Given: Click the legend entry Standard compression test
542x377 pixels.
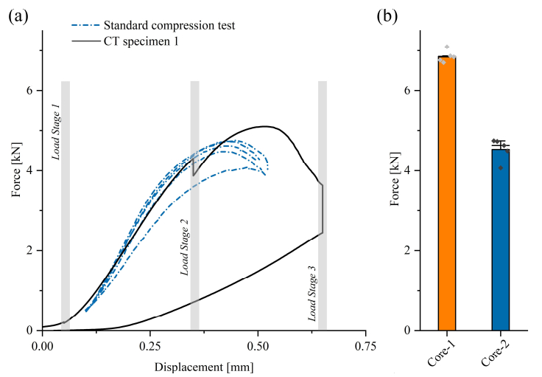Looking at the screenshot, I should [x=174, y=26].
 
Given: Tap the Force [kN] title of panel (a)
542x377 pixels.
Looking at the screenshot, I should [x=16, y=180].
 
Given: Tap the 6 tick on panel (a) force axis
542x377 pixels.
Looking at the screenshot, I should [x=29, y=91].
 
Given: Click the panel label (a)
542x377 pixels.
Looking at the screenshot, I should [x=18, y=15].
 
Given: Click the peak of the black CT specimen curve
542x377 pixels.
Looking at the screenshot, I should [x=264, y=126].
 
